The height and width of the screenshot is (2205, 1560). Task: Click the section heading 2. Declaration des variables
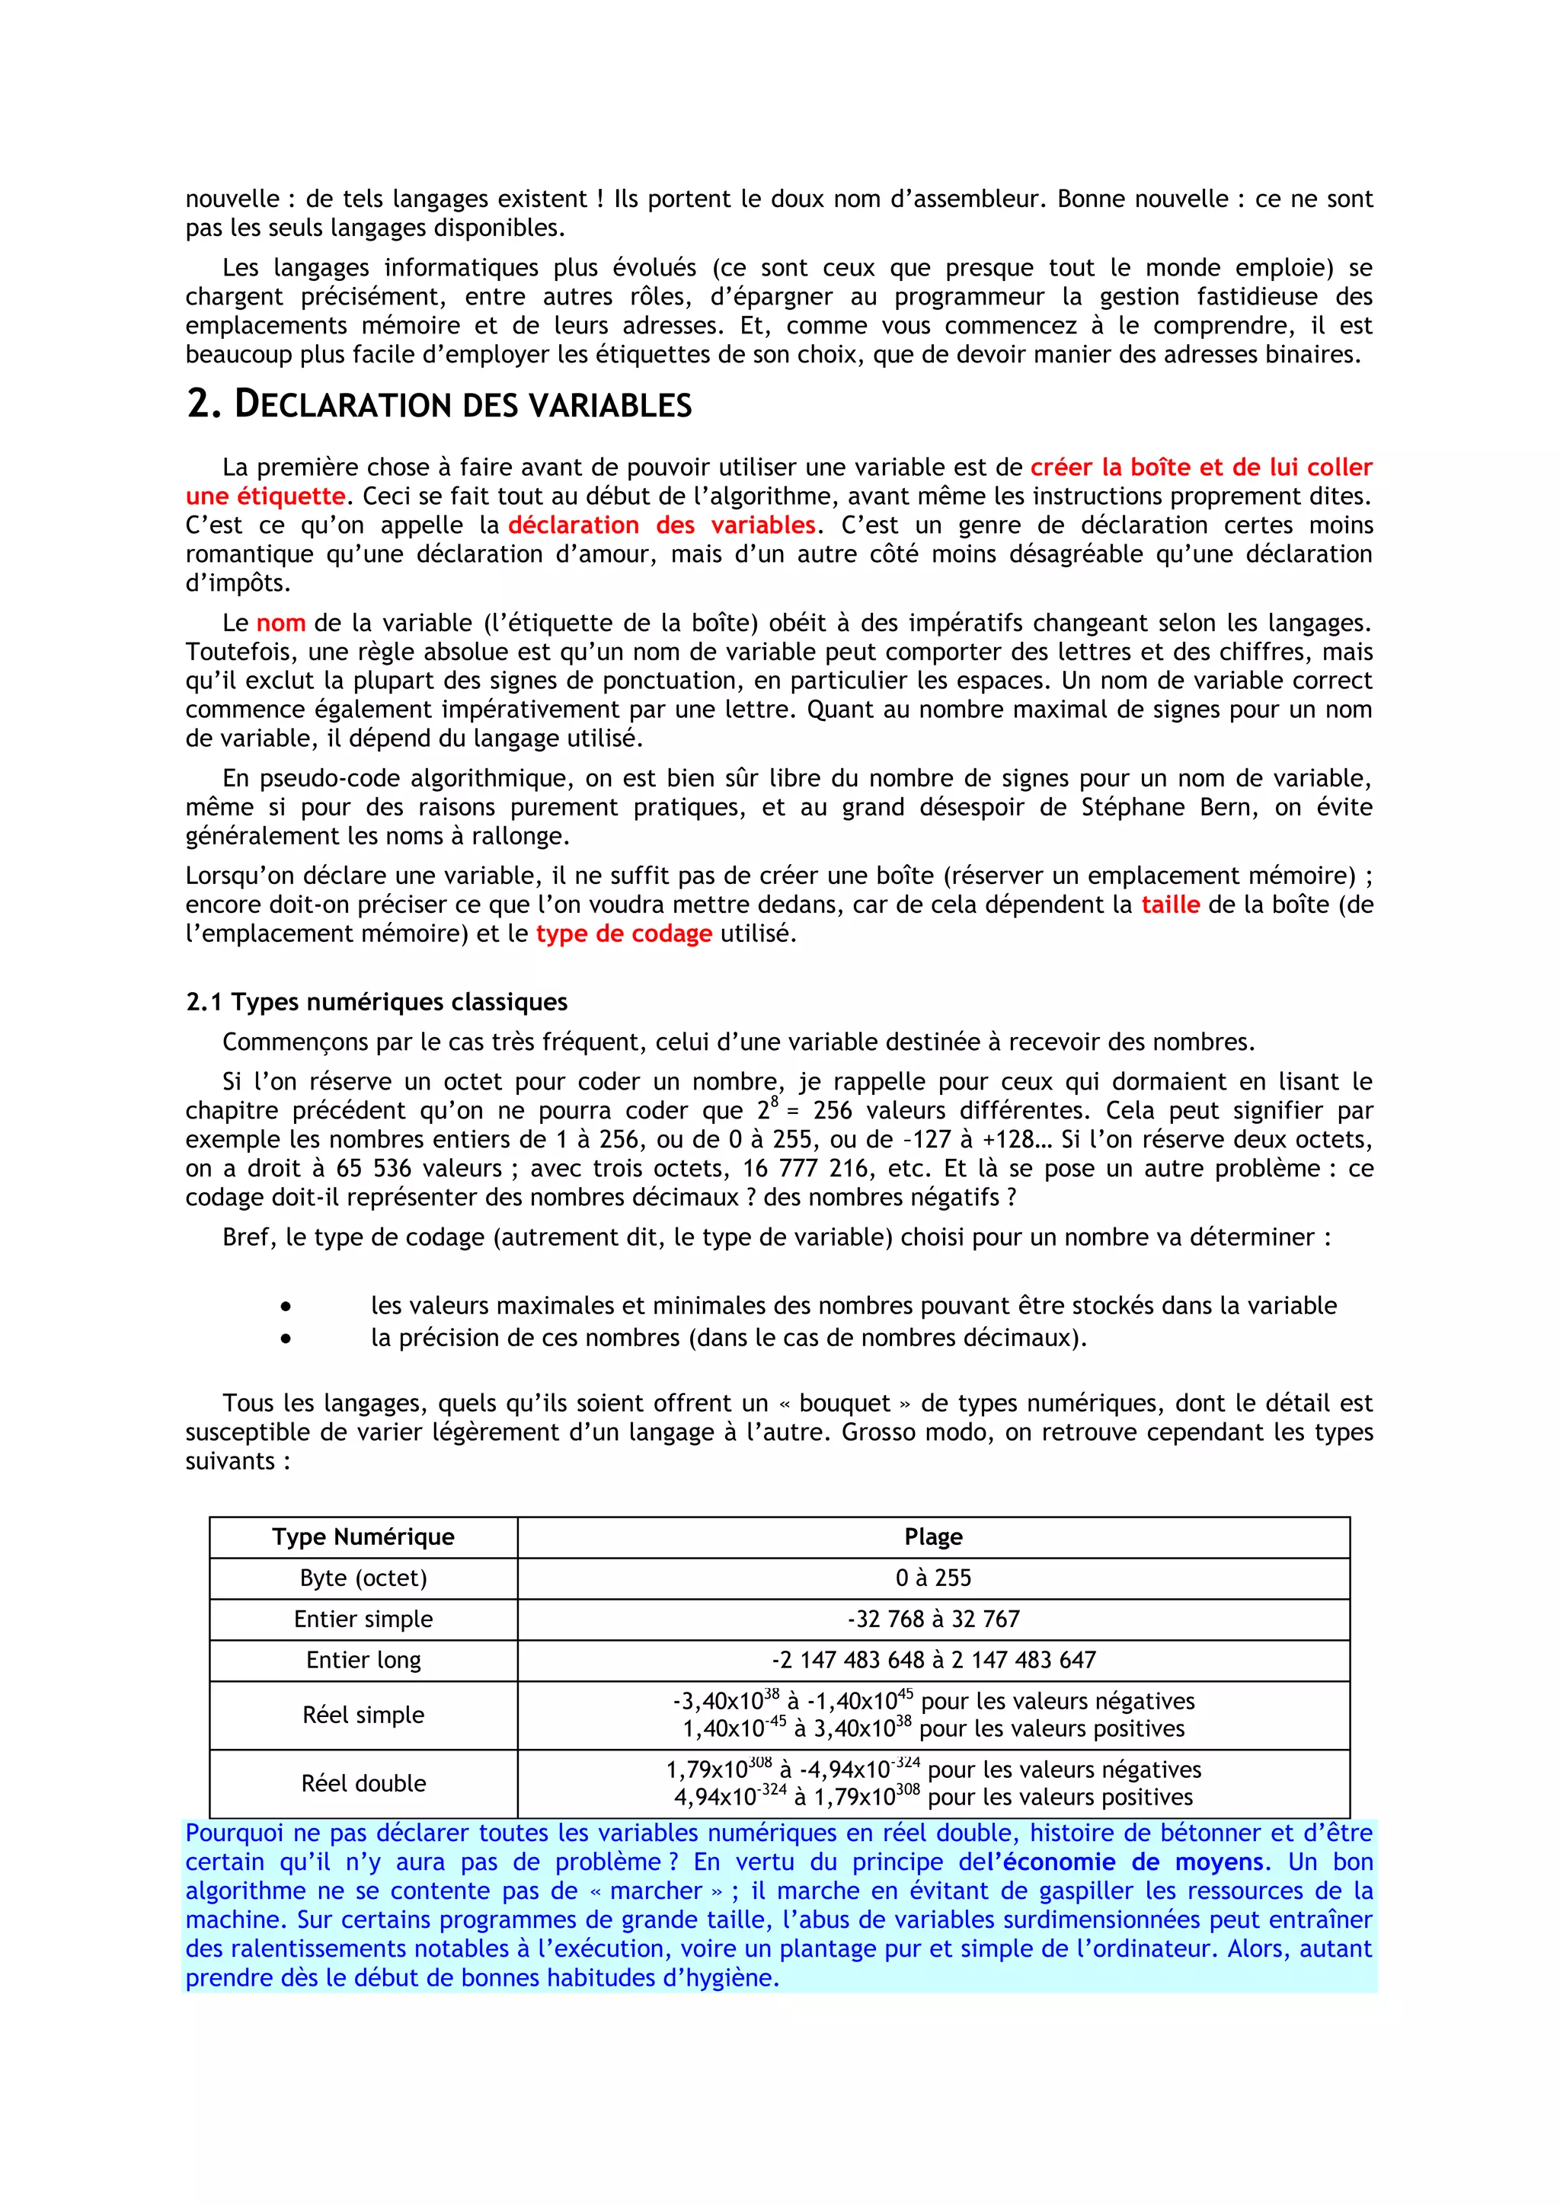click(439, 404)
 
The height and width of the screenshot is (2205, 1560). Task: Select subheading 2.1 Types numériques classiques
click(376, 1002)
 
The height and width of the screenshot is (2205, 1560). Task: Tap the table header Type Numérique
click(363, 1536)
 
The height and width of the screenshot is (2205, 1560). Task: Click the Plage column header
click(933, 1536)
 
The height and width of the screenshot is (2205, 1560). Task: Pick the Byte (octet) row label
click(363, 1578)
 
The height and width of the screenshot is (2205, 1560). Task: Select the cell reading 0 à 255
click(933, 1578)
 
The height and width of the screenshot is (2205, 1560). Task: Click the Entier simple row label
click(363, 1619)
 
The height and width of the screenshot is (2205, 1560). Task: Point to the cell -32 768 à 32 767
click(933, 1619)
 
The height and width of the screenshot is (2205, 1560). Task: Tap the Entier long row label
click(363, 1660)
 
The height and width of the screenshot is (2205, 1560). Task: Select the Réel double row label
click(363, 1782)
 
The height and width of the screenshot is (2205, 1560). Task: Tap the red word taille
click(1170, 905)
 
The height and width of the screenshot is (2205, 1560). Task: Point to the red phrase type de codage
click(623, 933)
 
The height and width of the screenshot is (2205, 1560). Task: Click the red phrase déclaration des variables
click(661, 525)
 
